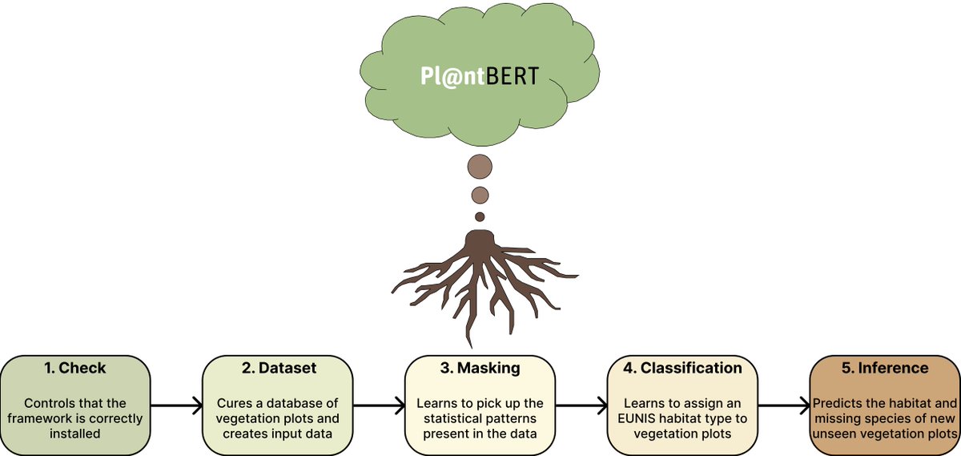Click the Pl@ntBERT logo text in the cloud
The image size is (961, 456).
point(480,76)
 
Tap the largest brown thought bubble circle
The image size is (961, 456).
point(480,167)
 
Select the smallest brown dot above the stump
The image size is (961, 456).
point(480,216)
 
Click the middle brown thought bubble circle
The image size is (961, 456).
point(480,195)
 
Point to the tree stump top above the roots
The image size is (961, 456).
point(480,239)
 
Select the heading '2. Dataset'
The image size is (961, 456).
point(277,369)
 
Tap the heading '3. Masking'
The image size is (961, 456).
point(480,369)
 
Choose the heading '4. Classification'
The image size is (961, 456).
point(682,369)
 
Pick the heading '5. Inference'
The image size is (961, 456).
point(885,369)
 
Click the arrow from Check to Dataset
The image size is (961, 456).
point(175,406)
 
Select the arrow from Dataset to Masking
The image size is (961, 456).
point(378,406)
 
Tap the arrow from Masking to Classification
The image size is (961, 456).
point(581,406)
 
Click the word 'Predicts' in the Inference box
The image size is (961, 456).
point(838,403)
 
